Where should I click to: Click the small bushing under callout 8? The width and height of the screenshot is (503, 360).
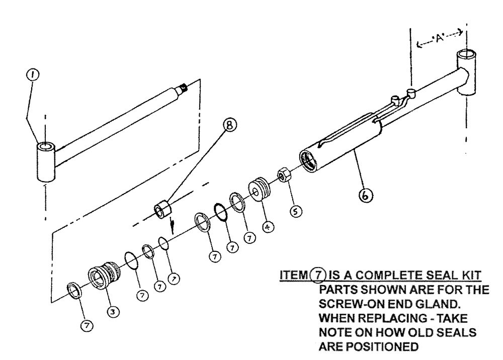(x=164, y=209)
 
